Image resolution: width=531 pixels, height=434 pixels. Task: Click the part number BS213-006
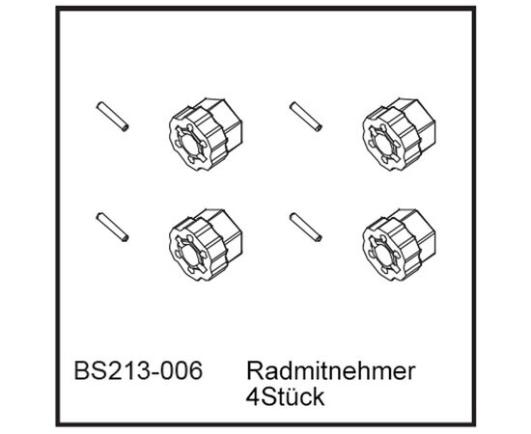pos(138,370)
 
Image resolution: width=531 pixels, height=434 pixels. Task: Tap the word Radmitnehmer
pos(331,370)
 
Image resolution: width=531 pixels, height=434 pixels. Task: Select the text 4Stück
pos(285,397)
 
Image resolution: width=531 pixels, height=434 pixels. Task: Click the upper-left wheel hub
pos(206,134)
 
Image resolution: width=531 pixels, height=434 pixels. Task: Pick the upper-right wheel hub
pos(399,134)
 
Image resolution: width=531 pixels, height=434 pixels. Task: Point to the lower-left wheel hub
pos(206,245)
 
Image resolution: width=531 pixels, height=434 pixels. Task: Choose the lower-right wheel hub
pos(399,245)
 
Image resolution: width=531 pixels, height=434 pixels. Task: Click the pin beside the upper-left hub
pos(112,117)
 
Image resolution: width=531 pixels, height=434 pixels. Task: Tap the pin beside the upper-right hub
pos(306,117)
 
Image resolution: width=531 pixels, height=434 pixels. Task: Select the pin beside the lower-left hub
pos(112,228)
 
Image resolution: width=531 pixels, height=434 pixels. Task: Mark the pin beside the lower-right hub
pos(306,228)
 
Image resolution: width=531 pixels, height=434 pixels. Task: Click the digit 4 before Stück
pos(253,397)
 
